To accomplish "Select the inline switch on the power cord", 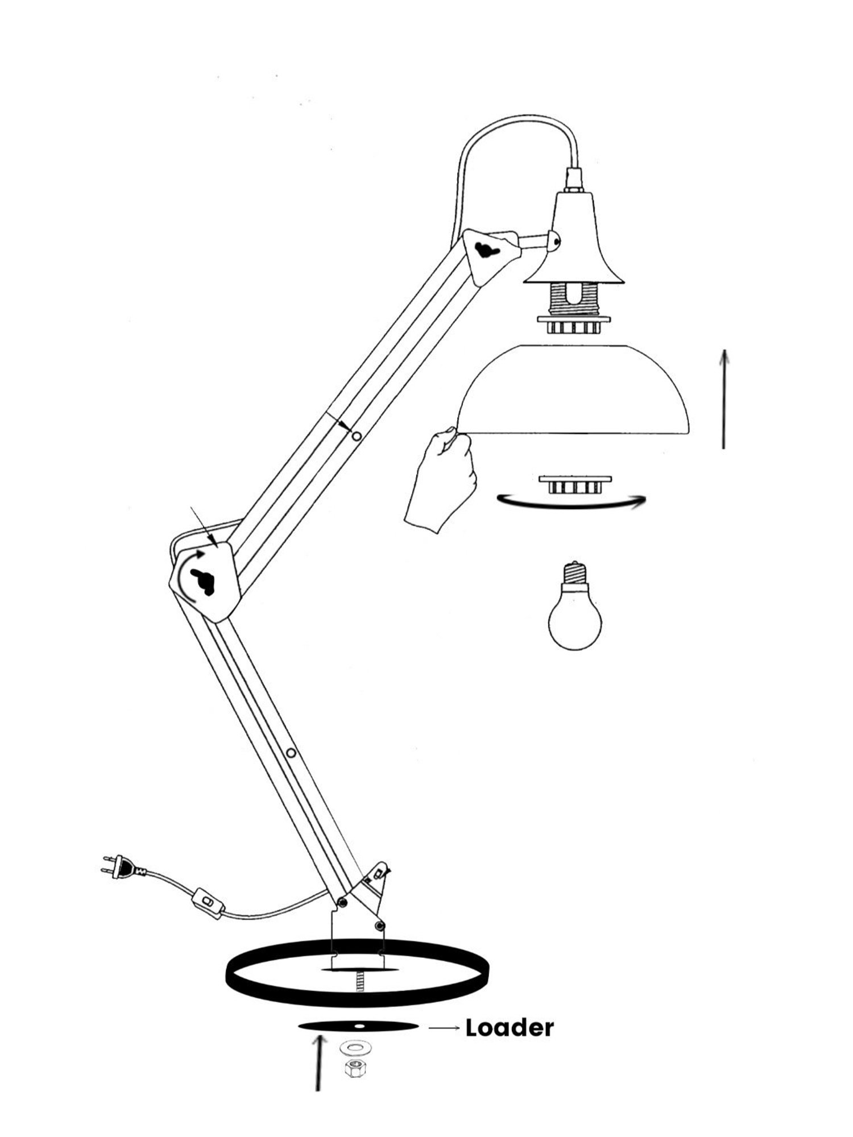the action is [x=208, y=903].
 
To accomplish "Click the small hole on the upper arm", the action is [x=357, y=436].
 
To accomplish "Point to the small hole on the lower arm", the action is [x=291, y=753].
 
